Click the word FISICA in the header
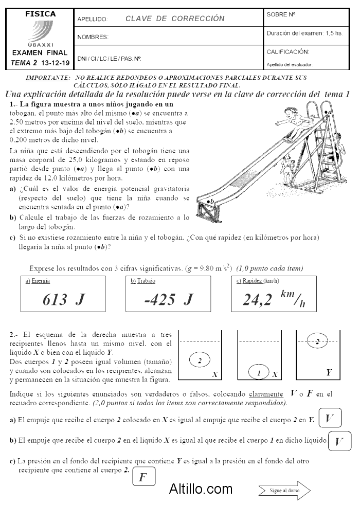tap(40, 14)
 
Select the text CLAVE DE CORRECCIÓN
tap(175, 19)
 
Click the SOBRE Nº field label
tap(281, 15)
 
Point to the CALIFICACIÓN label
tap(288, 52)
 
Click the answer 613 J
tap(63, 300)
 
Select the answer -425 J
tap(169, 300)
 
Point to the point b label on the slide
tap(210, 202)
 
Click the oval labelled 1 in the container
tap(259, 372)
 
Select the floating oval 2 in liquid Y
tap(317, 341)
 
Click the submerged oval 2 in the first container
tap(200, 360)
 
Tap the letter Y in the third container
tap(329, 372)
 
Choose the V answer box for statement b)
tap(339, 441)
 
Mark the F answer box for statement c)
tap(143, 476)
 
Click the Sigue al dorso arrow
tap(284, 491)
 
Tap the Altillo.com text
tap(201, 489)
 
